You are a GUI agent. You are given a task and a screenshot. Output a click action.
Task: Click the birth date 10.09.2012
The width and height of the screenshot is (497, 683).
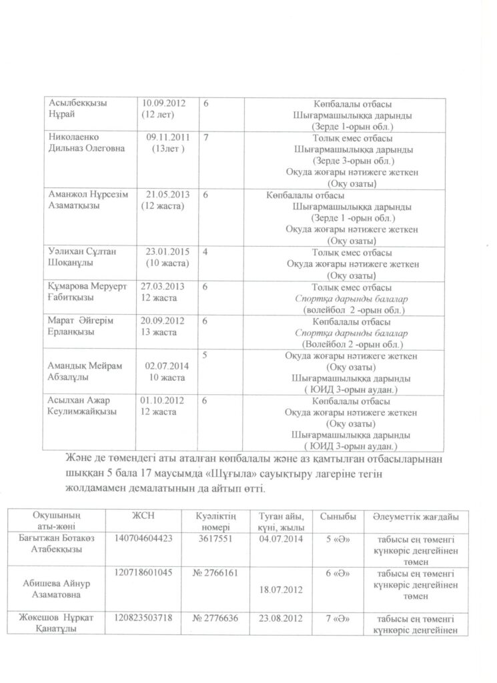[x=163, y=103]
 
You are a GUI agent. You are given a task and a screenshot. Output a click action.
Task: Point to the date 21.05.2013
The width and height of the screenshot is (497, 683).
[x=167, y=194]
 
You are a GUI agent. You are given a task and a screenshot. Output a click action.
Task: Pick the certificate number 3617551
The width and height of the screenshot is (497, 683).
[x=215, y=538]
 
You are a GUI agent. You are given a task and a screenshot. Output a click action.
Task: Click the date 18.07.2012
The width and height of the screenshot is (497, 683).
[x=278, y=590]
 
